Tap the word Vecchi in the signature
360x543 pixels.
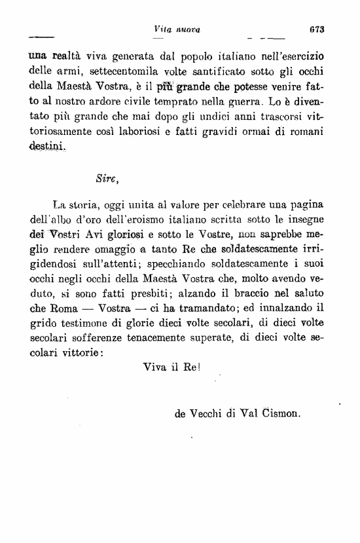206,414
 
